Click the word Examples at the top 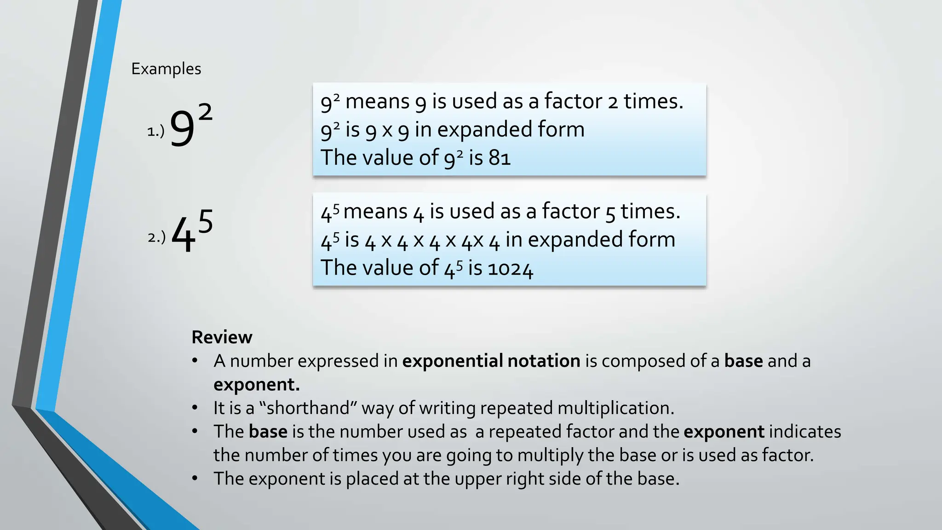pos(166,69)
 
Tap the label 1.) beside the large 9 pos(155,132)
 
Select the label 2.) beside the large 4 pos(156,237)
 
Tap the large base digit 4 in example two pos(183,236)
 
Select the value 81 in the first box pos(500,158)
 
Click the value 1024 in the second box pos(510,268)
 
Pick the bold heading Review pos(222,337)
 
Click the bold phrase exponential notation pos(491,361)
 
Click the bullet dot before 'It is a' pos(195,408)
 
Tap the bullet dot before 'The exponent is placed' pos(195,478)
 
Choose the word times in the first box pos(653,101)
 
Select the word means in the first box pos(377,101)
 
